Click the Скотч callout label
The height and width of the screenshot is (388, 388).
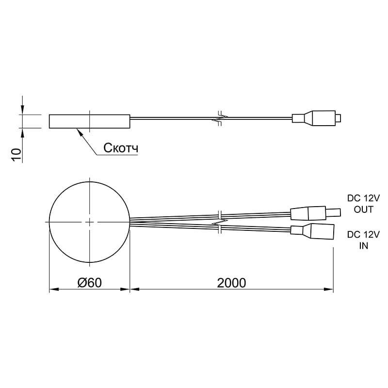[121, 148]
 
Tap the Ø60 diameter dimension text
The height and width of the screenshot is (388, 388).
[90, 283]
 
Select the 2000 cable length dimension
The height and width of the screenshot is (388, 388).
[232, 283]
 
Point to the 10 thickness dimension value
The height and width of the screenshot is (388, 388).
[16, 155]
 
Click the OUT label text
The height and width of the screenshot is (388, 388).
[363, 210]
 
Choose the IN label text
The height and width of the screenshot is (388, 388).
[363, 246]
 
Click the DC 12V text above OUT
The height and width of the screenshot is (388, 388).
[363, 198]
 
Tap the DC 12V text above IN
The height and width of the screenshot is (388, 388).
[363, 234]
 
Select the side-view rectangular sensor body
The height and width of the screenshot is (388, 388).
[90, 122]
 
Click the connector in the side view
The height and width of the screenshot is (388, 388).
[317, 118]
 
